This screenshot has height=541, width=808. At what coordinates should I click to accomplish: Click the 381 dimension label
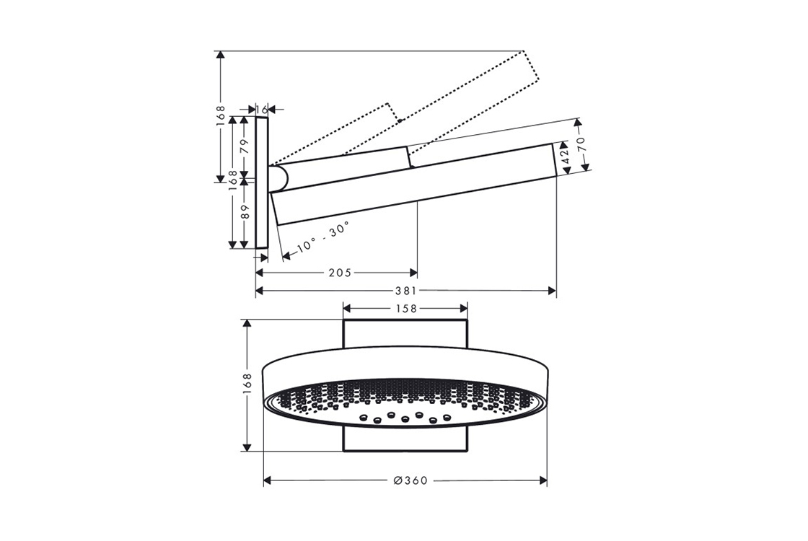(405, 291)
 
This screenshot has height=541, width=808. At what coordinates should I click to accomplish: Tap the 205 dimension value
(340, 272)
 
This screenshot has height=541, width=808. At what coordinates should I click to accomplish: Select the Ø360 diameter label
(410, 480)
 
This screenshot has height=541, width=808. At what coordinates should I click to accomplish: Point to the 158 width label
(405, 308)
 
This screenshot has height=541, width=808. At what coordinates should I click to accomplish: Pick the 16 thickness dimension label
(262, 109)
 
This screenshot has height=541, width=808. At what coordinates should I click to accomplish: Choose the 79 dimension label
(245, 146)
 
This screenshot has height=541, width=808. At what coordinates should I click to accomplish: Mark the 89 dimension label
(245, 211)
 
